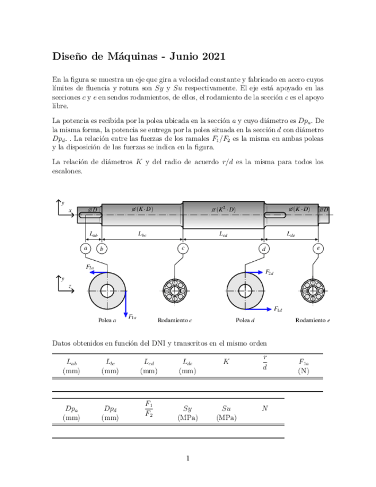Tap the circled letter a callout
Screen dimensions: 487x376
pos(86,249)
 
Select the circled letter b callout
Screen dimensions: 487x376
pos(102,249)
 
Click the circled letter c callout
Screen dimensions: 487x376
pos(183,249)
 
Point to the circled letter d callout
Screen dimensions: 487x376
pos(264,249)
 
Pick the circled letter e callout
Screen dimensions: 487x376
pos(318,249)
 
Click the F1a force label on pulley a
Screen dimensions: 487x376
pos(131,316)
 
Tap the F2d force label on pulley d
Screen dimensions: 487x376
pos(269,272)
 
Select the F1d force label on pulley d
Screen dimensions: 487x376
pos(278,309)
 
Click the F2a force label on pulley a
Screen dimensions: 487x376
pos(90,268)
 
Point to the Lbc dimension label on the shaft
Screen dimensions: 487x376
pos(142,234)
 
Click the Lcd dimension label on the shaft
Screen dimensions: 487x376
pos(223,234)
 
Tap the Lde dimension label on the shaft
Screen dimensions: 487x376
pos(291,234)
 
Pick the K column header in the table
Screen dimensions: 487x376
pos(226,362)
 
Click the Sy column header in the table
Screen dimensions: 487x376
pos(188,408)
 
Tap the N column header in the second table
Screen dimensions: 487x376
pos(265,408)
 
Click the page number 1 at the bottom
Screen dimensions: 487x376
pos(188,458)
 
